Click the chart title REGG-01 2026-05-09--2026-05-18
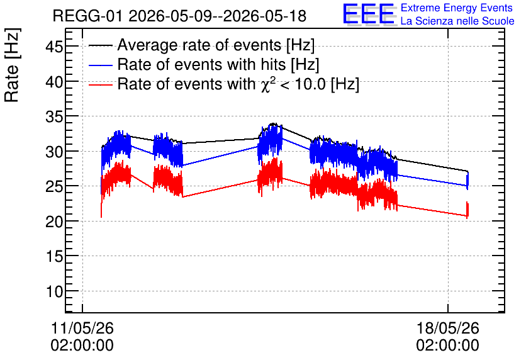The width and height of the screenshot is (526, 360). click(179, 16)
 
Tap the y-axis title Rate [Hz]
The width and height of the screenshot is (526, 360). click(12, 65)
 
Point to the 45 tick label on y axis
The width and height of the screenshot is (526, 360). click(54, 47)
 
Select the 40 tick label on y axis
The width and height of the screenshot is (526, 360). click(54, 81)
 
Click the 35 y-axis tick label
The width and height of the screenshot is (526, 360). click(54, 116)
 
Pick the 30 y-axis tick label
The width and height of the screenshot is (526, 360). click(54, 151)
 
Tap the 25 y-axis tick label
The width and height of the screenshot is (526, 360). click(54, 186)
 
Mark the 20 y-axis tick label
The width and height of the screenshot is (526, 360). click(54, 221)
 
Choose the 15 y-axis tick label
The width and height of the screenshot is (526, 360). click(54, 256)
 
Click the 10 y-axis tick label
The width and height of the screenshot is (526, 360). click(54, 291)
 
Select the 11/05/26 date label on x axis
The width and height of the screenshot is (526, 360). click(82, 328)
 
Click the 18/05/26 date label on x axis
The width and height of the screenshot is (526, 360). click(448, 328)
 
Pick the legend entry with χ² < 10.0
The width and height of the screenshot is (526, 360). click(238, 84)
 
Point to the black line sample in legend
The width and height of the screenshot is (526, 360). click(100, 45)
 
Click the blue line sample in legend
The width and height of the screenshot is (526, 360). click(100, 65)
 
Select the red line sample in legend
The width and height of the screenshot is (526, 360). click(100, 84)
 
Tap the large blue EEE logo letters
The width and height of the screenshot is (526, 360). click(368, 14)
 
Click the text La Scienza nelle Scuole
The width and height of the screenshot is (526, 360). click(457, 21)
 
